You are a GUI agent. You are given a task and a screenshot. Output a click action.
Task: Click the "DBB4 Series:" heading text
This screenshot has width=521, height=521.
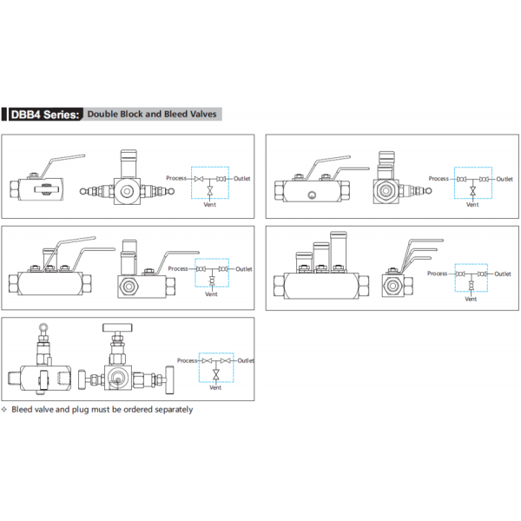click(x=45, y=115)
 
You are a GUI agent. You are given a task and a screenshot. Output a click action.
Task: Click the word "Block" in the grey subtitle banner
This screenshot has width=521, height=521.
click(x=132, y=114)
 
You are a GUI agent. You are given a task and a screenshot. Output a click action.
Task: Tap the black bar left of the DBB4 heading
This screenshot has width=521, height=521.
click(x=4, y=115)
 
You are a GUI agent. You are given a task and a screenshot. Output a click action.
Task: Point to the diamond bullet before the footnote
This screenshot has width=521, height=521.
click(x=4, y=409)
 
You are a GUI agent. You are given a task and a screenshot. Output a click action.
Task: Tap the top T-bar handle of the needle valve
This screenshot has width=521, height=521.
click(x=117, y=327)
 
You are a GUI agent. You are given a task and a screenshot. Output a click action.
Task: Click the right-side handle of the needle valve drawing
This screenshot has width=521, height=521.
click(x=169, y=379)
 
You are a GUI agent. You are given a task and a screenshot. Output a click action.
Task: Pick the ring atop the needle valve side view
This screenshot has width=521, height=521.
click(x=43, y=327)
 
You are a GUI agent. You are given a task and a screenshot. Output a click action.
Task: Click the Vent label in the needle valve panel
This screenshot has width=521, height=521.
click(x=215, y=387)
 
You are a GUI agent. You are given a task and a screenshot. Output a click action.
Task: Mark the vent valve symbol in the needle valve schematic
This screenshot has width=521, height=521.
click(x=216, y=375)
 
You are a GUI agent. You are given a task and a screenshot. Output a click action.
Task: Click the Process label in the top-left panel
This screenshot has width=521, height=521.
click(x=176, y=178)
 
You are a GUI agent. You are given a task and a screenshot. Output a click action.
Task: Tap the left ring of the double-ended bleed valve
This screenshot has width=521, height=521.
click(x=83, y=191)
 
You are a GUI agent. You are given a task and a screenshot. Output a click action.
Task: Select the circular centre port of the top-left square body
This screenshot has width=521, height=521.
click(x=127, y=191)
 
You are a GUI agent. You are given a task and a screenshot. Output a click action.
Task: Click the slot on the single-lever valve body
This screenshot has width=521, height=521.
click(x=46, y=189)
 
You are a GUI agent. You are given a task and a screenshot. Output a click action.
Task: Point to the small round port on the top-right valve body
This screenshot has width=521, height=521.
click(x=312, y=195)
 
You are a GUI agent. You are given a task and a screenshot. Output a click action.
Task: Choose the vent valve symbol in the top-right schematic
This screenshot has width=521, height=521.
click(x=473, y=191)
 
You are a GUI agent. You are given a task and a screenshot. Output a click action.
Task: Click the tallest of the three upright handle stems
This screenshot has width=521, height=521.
click(x=339, y=250)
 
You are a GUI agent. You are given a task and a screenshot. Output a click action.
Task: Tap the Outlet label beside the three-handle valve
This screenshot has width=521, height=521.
click(x=503, y=274)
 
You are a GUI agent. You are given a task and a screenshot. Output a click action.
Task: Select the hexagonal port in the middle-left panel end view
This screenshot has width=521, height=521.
click(x=129, y=286)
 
